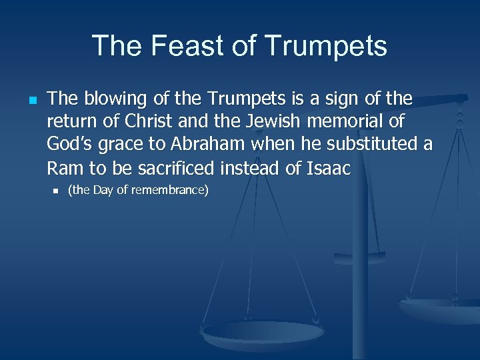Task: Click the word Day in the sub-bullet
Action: pos(103,191)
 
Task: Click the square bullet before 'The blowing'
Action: pos(32,100)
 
